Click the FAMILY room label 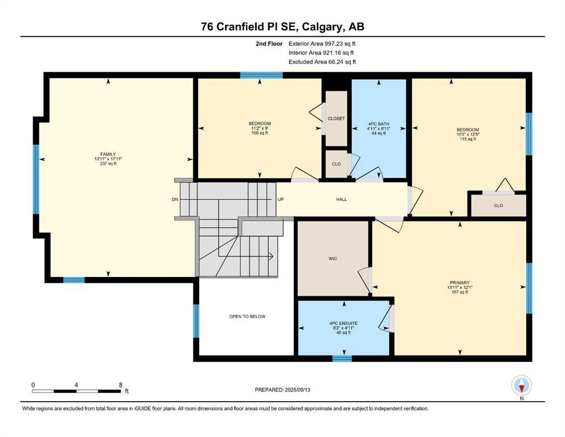click(x=108, y=154)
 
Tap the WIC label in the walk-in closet click(x=333, y=259)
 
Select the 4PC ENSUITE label click(x=344, y=324)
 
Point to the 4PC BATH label click(x=378, y=124)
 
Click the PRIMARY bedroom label click(x=459, y=283)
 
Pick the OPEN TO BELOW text click(x=247, y=317)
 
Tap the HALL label click(x=341, y=199)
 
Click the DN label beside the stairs click(x=175, y=199)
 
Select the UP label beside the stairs click(x=281, y=199)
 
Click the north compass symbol click(x=522, y=385)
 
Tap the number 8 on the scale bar click(x=121, y=385)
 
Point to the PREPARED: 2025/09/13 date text click(x=282, y=390)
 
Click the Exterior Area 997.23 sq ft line click(x=322, y=44)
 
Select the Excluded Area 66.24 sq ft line click(x=322, y=62)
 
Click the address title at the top click(x=282, y=27)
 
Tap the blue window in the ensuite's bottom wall click(x=342, y=358)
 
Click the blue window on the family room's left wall click(x=36, y=179)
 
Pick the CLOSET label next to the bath click(x=336, y=118)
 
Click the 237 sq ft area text click(x=108, y=163)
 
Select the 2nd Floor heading click(x=269, y=44)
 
